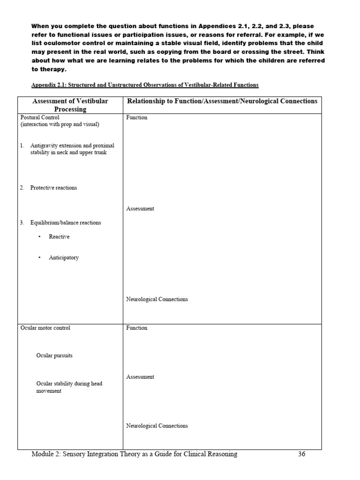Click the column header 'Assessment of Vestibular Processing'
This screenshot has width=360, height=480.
[70, 105]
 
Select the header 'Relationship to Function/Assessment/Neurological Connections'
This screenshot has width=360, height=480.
[222, 101]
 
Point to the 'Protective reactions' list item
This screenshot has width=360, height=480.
[53, 187]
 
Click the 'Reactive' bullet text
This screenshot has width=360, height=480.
[59, 237]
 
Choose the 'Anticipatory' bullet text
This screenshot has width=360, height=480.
[64, 258]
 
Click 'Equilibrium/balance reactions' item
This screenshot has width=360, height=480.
[65, 223]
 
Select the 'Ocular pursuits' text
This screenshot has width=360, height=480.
[54, 356]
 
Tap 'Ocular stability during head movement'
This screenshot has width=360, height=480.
[69, 387]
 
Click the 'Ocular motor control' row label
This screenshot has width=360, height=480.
[45, 328]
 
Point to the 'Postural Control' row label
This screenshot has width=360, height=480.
[40, 117]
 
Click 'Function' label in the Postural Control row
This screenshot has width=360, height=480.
[137, 117]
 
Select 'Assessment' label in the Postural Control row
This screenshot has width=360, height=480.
[140, 209]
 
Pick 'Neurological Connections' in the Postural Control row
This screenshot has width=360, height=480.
[157, 300]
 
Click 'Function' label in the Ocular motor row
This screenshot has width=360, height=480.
[137, 328]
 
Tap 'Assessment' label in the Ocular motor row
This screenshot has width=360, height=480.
[140, 377]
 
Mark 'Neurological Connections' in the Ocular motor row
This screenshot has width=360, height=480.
[157, 426]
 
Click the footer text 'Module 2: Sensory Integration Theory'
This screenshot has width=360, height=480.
[134, 454]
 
